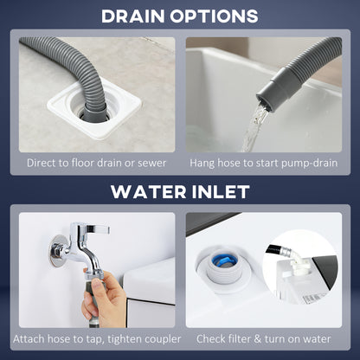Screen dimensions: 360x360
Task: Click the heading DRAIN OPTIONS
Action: (x=179, y=16)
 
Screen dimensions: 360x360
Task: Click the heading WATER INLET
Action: (x=179, y=191)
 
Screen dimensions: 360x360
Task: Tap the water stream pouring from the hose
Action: (x=252, y=130)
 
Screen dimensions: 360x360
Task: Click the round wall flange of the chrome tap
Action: (x=61, y=251)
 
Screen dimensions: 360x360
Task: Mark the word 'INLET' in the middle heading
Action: (x=220, y=191)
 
